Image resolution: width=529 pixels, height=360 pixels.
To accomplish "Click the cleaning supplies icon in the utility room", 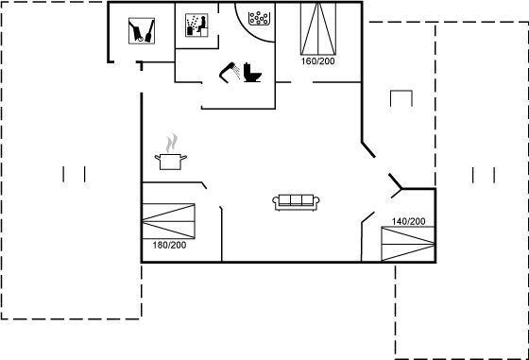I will pos(143,30).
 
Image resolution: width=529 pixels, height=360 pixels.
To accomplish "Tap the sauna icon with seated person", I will pos(196,25).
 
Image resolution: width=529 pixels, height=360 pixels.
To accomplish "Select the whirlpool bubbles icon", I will pos(258,18).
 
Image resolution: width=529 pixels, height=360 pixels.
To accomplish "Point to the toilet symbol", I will pos(252,72).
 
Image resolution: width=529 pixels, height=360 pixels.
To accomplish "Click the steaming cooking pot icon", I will pos(170,160).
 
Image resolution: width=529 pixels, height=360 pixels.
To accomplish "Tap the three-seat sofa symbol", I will pos(297,201).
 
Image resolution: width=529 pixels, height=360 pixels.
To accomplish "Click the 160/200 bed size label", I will pos(317,61).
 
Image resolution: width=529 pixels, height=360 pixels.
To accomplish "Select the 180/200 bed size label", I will pos(169,245).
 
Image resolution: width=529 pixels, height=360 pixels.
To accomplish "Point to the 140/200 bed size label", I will pos(408,221).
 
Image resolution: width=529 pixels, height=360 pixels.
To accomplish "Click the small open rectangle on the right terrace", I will pos(401,99).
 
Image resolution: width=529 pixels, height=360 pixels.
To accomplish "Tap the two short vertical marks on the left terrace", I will pos(74,173).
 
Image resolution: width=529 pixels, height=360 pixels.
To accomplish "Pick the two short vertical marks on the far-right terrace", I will pos(483,174).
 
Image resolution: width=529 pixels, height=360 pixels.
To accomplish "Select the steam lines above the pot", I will pos(170,143).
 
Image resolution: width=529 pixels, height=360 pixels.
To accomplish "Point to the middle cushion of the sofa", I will pos(297,200).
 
